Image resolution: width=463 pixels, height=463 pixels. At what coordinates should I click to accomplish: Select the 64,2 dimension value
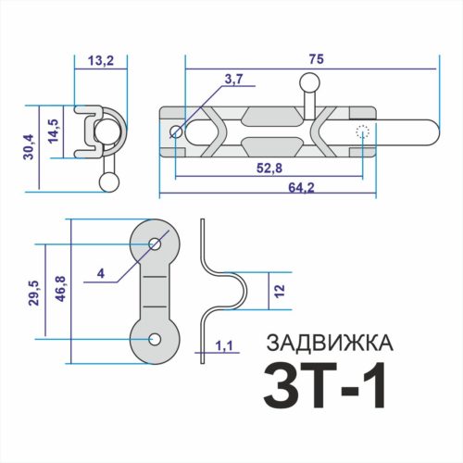pos(268,187)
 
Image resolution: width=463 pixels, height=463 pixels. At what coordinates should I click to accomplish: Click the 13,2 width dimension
pos(99,61)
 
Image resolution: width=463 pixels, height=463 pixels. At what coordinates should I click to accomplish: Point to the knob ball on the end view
pos(108,182)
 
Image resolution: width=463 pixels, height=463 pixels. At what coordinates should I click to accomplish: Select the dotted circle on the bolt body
pos(363,131)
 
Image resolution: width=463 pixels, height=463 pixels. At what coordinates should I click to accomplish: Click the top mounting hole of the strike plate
pos(154,244)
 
